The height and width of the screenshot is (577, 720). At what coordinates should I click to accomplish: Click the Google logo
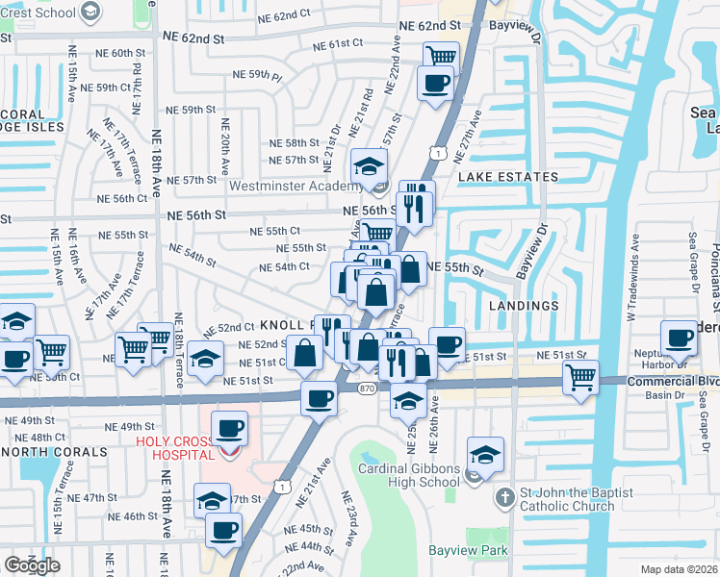click(x=32, y=564)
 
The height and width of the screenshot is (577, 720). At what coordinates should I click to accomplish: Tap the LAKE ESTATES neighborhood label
click(x=508, y=177)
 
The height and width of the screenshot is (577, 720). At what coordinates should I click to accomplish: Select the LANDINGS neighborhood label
click(x=524, y=306)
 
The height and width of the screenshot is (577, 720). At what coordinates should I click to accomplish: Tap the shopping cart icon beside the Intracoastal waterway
click(x=580, y=377)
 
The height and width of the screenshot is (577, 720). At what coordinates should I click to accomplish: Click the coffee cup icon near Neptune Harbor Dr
click(x=680, y=338)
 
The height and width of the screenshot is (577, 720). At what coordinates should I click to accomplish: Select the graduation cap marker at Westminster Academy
click(x=369, y=167)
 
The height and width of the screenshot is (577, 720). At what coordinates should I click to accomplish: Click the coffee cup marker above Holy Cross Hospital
click(x=229, y=428)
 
